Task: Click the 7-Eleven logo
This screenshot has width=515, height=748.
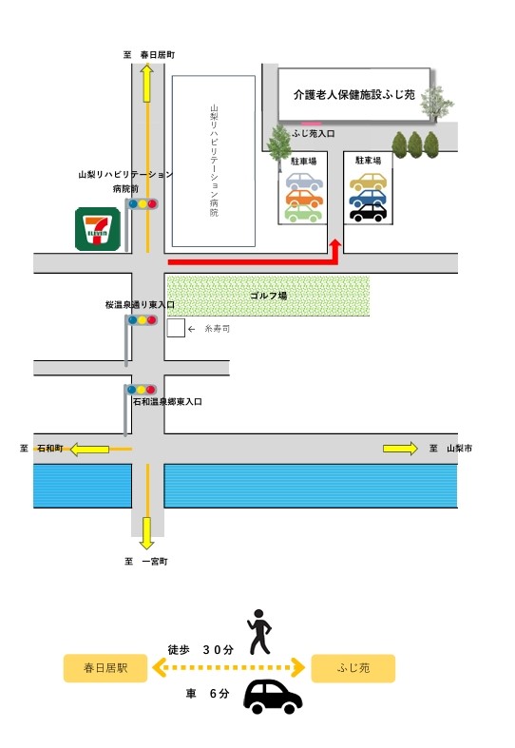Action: pos(98,229)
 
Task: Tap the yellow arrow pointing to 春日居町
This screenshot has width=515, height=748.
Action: pos(147,84)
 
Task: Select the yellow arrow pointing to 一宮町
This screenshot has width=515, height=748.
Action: pos(147,533)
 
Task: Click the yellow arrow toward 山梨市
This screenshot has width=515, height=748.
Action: pos(400,449)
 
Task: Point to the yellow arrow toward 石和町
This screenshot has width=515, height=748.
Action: pos(89,450)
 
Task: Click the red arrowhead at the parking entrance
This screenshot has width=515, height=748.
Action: pos(335,244)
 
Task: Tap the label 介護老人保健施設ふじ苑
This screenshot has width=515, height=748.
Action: pos(354,94)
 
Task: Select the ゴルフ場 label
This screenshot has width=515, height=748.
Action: pos(269,296)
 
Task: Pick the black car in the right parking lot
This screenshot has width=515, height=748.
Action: pos(368,213)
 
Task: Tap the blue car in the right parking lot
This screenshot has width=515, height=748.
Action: pos(368,198)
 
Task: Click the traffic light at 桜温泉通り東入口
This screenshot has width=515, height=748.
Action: pos(142,320)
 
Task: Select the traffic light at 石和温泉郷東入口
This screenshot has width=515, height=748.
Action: pos(142,390)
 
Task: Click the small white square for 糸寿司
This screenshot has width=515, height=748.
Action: pos(176,328)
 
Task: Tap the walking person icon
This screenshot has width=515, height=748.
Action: pos(259,632)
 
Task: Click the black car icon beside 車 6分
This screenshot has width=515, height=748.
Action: pos(273,697)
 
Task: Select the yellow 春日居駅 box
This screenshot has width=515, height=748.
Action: pos(105,668)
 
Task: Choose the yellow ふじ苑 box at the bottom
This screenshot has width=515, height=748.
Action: pos(353,668)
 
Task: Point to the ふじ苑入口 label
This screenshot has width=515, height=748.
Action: pos(314,134)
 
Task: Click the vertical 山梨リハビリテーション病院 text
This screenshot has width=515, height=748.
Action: pos(214,161)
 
